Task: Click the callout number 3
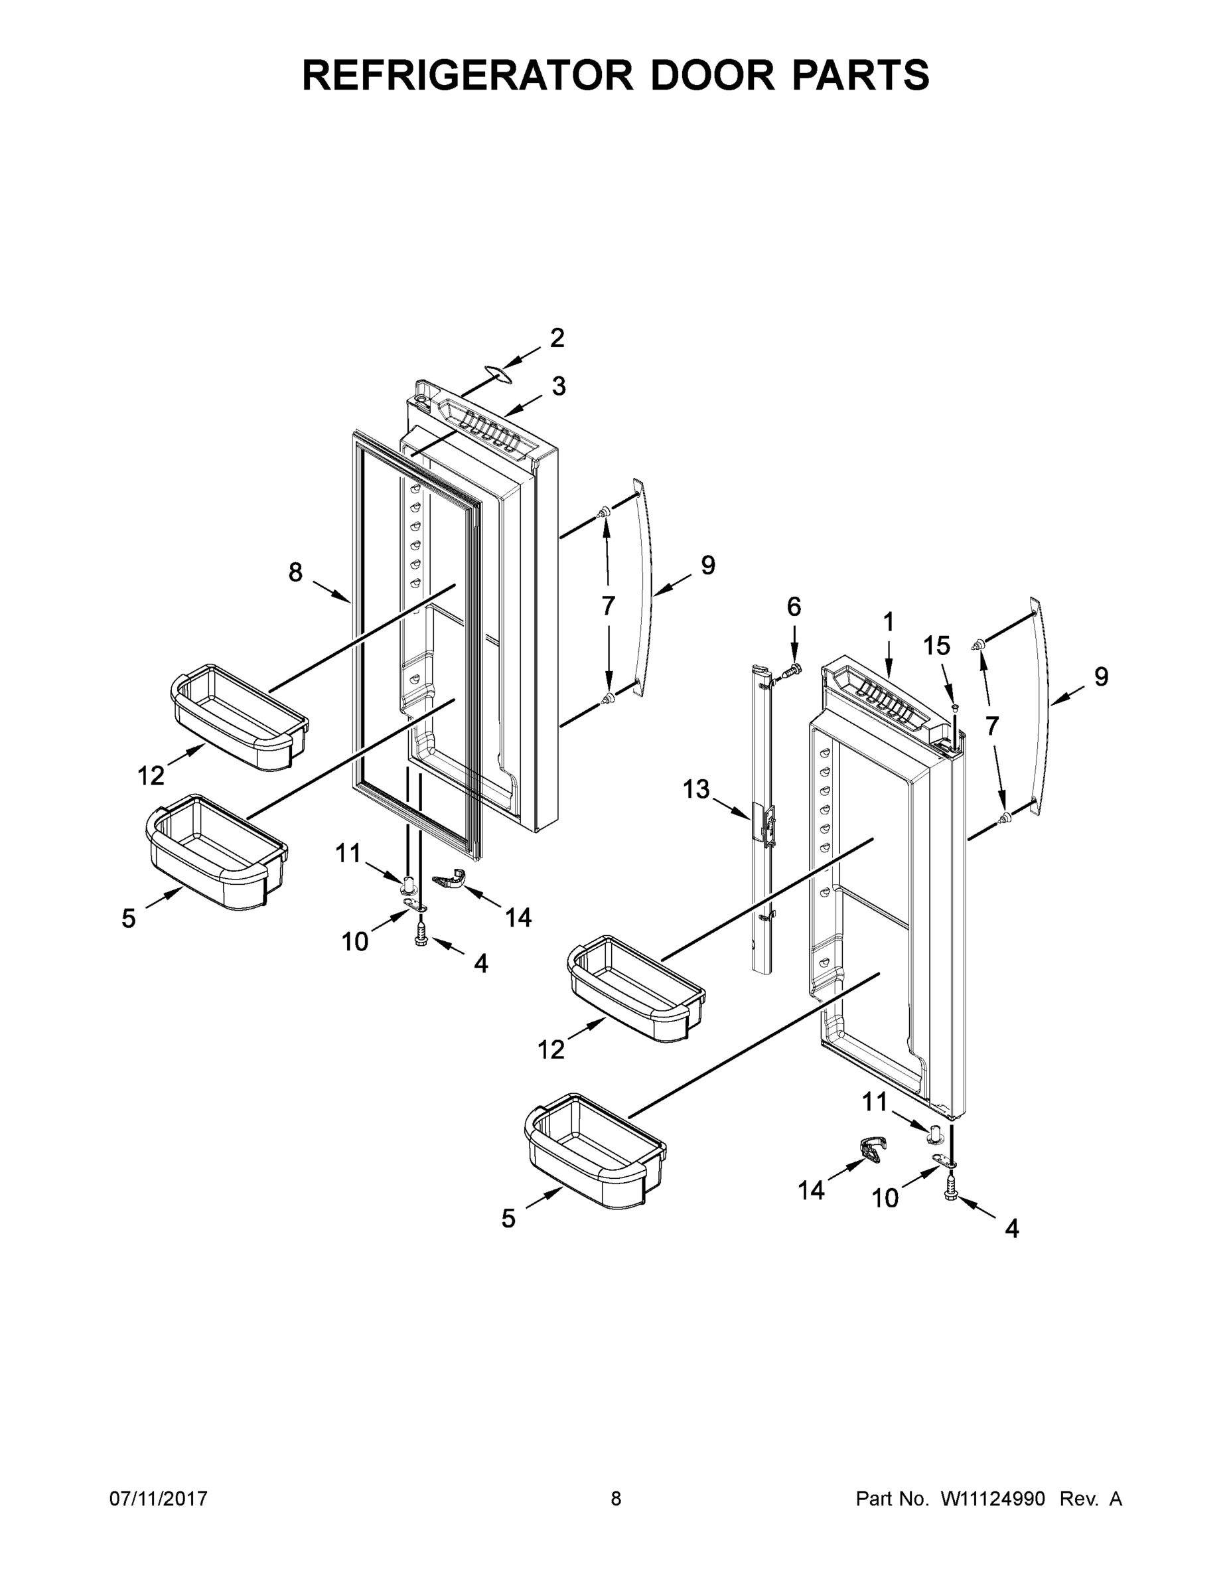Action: pyautogui.click(x=559, y=386)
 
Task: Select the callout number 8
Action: pyautogui.click(x=295, y=573)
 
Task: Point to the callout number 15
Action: pyautogui.click(x=937, y=646)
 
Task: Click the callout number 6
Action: pyautogui.click(x=794, y=607)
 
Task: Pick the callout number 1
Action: pyautogui.click(x=889, y=622)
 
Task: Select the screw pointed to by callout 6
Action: pyautogui.click(x=793, y=668)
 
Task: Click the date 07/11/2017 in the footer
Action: pyautogui.click(x=158, y=1499)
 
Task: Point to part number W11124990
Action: pyautogui.click(x=993, y=1499)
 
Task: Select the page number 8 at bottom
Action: pyautogui.click(x=616, y=1499)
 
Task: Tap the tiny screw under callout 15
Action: pyautogui.click(x=956, y=707)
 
